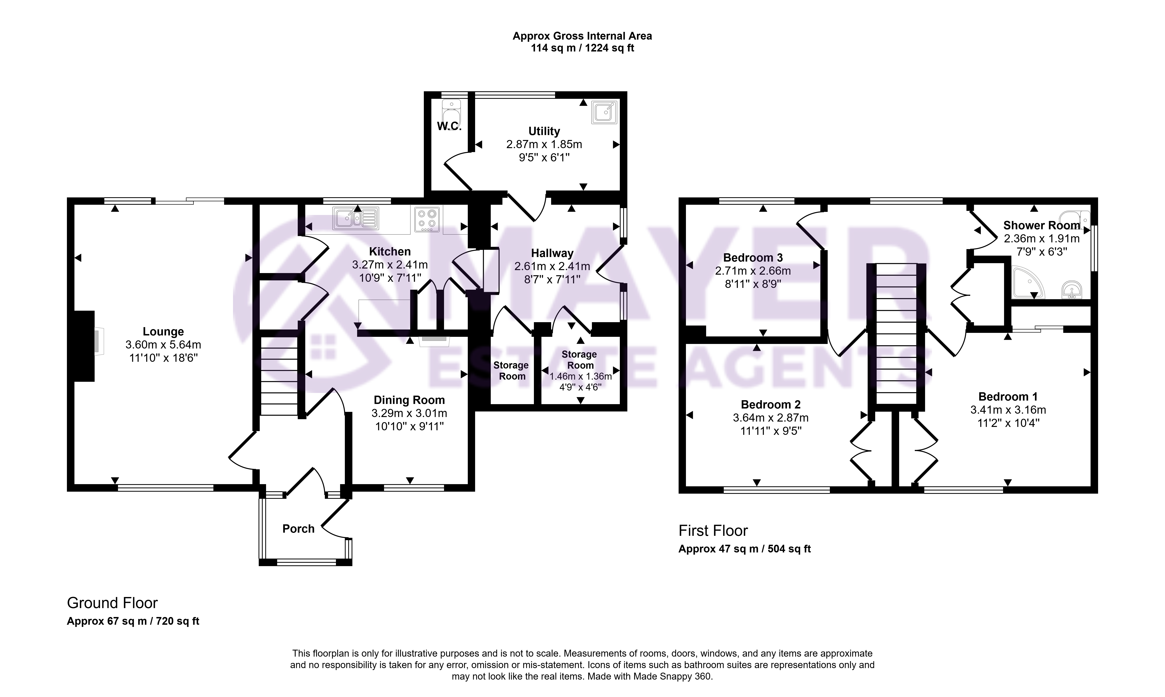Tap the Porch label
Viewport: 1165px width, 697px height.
(x=298, y=529)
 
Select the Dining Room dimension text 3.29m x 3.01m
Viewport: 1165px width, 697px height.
(x=409, y=413)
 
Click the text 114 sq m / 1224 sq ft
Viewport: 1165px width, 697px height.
(x=582, y=48)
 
